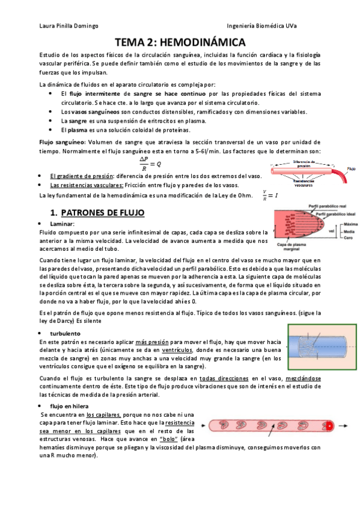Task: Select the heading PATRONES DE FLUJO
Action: point(108,212)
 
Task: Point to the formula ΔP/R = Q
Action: point(150,164)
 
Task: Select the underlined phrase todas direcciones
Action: point(222,378)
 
